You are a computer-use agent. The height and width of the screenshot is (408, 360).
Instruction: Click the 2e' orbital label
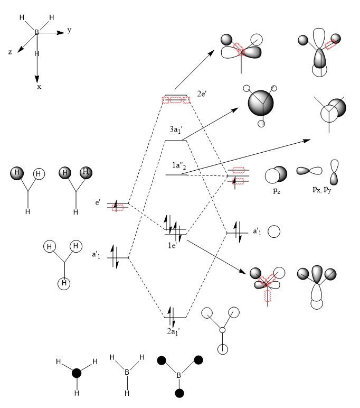click(x=203, y=94)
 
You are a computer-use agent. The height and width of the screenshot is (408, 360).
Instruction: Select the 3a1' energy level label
click(x=177, y=129)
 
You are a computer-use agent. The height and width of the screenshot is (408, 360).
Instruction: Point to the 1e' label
click(x=173, y=245)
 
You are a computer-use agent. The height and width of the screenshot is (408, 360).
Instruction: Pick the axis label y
click(x=69, y=30)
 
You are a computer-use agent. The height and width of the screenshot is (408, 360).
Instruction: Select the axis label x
click(x=39, y=86)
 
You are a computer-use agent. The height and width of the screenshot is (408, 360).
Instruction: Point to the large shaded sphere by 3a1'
click(x=261, y=103)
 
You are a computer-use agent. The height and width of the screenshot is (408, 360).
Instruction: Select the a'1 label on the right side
click(x=257, y=231)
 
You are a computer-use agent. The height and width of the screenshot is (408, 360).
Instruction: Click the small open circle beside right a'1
click(x=273, y=231)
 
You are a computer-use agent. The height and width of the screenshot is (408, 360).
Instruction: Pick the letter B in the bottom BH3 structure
click(x=127, y=372)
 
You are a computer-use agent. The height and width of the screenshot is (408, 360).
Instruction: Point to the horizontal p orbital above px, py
click(x=309, y=171)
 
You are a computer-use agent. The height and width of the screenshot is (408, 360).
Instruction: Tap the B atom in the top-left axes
click(x=37, y=33)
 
